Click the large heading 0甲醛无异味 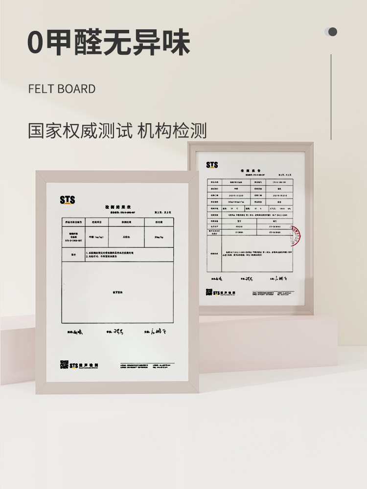pos(109,43)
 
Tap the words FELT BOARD pos(62,89)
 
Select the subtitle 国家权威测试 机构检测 pos(117,131)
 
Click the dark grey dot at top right pos(333,32)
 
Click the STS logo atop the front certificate pos(68,200)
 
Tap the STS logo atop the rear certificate pos(212,165)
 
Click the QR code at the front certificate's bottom pos(64,364)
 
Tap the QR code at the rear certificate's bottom pos(209,292)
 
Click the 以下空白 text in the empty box pos(117,292)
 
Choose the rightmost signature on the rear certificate pos(283,279)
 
